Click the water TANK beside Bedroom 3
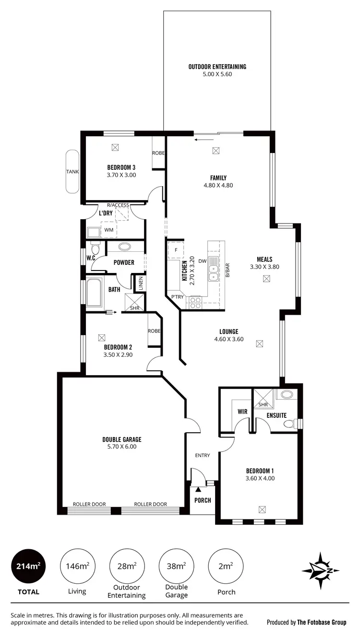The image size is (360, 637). click(72, 171)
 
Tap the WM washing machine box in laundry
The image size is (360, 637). click(109, 230)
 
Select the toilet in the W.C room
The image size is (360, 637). click(94, 249)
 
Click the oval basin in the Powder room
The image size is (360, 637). click(124, 247)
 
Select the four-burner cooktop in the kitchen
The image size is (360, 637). click(195, 302)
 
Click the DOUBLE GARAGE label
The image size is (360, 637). click(122, 439)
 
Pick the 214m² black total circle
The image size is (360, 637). click(28, 566)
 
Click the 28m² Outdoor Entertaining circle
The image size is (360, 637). click(127, 566)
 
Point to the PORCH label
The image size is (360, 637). click(203, 500)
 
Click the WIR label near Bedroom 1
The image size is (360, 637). click(242, 412)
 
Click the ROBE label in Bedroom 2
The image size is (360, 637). click(154, 331)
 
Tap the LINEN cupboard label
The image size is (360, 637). click(141, 283)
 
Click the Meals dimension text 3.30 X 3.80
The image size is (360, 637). click(264, 267)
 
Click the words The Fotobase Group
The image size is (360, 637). click(322, 622)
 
